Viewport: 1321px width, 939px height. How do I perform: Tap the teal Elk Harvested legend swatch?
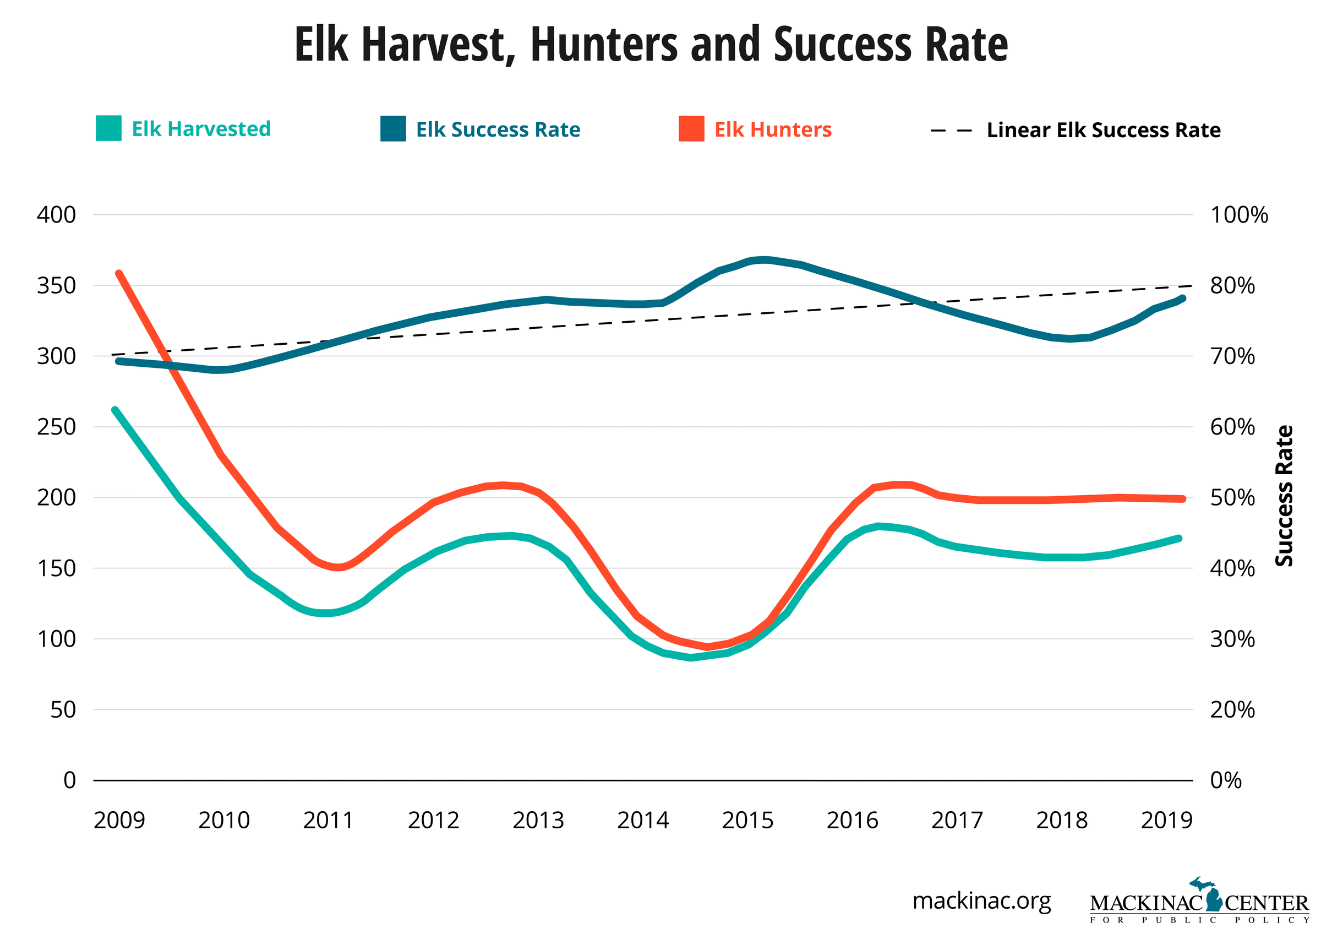108,128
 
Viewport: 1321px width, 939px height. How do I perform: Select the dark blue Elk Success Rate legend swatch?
393,129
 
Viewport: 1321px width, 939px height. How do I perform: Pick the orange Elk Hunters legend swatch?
691,129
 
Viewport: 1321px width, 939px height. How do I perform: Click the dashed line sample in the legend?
951,131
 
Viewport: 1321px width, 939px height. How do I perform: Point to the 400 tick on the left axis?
56,215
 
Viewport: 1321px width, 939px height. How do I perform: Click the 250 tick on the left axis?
56,427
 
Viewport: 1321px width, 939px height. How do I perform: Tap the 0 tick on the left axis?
69,780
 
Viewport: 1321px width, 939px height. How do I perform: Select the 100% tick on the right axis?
1239,215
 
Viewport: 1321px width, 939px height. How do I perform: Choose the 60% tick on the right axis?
1232,427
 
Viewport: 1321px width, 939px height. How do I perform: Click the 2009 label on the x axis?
119,821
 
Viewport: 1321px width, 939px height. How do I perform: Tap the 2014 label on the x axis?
642,821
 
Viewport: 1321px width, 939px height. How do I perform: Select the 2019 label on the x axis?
1166,821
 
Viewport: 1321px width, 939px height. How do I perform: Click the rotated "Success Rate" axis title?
1284,496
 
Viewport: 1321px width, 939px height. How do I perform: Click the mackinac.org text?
982,901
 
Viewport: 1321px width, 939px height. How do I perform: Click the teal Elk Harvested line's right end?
1179,539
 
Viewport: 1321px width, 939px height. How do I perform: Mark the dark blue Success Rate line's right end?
1183,298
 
